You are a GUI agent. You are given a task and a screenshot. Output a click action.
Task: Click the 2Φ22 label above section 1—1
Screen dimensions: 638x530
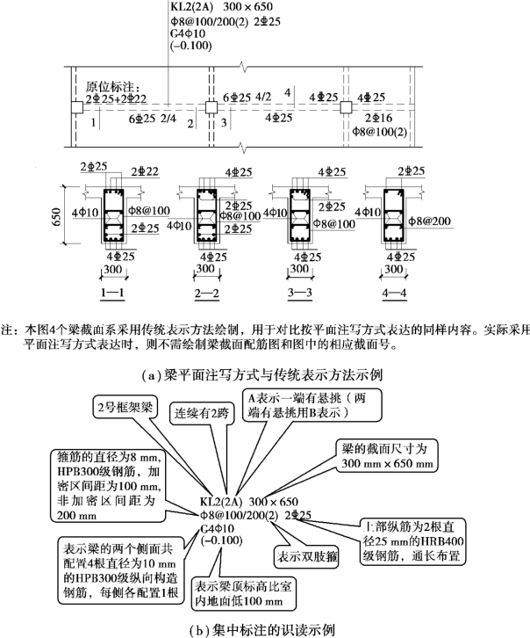click(144, 170)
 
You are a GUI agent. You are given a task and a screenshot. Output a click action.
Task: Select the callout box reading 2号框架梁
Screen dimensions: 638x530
click(131, 407)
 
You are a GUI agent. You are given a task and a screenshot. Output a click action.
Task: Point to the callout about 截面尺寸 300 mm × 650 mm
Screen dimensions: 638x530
click(383, 454)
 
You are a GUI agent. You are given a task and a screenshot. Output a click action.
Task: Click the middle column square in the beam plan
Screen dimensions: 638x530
click(211, 107)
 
